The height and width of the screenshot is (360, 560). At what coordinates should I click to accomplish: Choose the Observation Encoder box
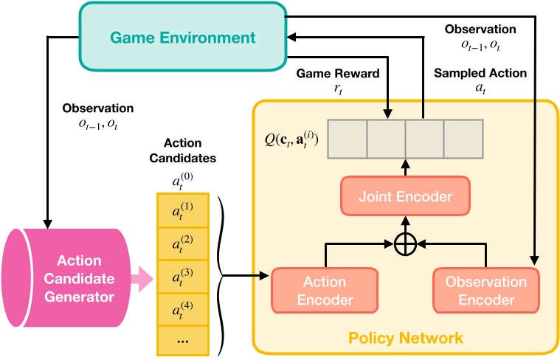point(485,291)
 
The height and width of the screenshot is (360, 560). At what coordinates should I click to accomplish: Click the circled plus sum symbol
point(404,243)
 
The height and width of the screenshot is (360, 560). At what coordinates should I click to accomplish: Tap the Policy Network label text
point(407,338)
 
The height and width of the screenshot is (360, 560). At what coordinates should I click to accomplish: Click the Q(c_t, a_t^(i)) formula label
point(291,139)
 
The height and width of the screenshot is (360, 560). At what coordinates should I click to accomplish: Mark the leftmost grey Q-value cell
point(347,139)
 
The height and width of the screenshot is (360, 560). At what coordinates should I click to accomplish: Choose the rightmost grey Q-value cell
point(462,139)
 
